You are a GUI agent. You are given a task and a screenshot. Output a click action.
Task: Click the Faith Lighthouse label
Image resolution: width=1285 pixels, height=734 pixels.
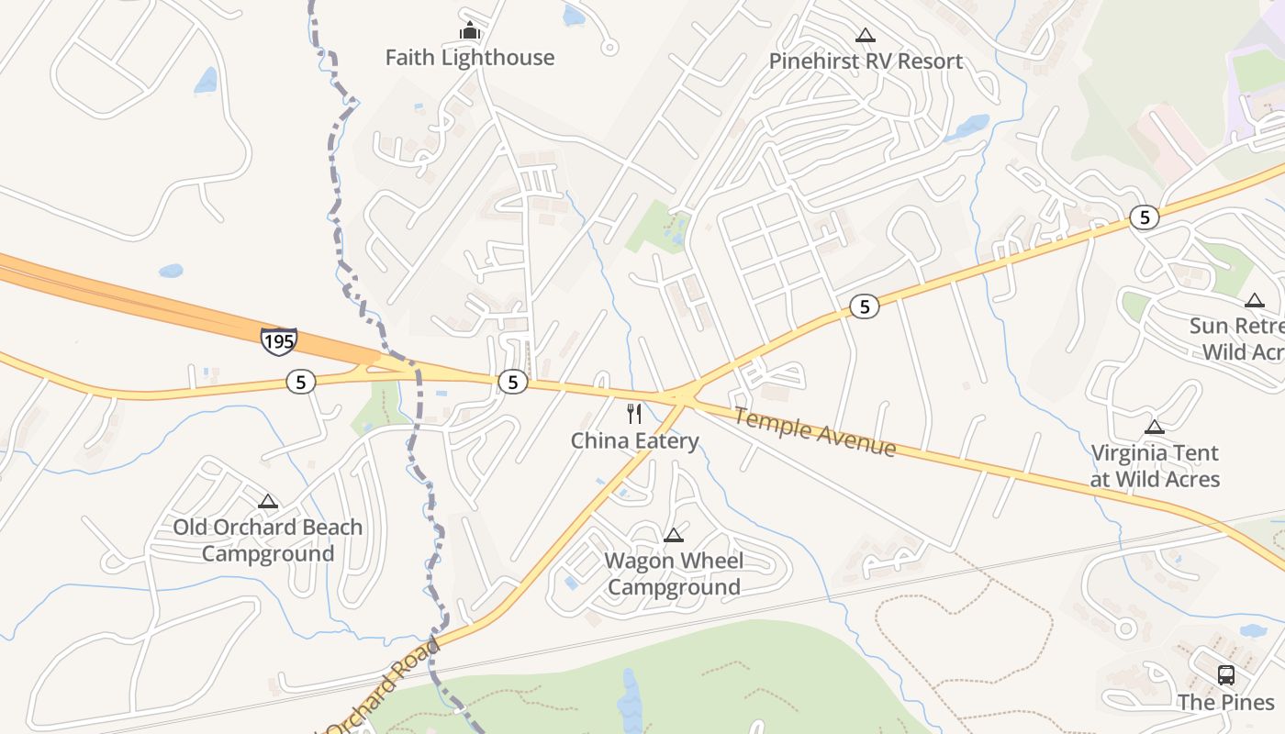pyautogui.click(x=469, y=58)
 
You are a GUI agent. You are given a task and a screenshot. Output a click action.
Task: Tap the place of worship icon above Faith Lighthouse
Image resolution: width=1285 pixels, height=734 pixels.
pyautogui.click(x=470, y=31)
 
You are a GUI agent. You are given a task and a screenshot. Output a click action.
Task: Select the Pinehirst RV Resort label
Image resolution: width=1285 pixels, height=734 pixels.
pyautogui.click(x=866, y=61)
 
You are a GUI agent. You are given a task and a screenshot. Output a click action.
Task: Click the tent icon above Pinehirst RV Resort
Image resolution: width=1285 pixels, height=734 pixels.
pyautogui.click(x=865, y=36)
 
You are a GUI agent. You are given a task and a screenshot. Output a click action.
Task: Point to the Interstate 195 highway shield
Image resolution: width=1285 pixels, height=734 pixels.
pyautogui.click(x=278, y=341)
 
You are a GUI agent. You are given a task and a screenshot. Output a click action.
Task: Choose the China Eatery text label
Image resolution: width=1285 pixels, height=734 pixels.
pyautogui.click(x=634, y=441)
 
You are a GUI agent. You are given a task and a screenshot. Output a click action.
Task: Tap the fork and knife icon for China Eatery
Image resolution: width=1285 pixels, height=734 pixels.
pyautogui.click(x=634, y=414)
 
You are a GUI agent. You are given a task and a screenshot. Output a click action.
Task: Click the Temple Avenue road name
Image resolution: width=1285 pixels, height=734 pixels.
pyautogui.click(x=814, y=432)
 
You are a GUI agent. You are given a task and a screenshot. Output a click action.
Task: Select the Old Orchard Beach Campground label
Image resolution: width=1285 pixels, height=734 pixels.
pyautogui.click(x=267, y=540)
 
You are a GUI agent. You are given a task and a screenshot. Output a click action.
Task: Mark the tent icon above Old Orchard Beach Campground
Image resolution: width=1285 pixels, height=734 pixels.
pyautogui.click(x=268, y=502)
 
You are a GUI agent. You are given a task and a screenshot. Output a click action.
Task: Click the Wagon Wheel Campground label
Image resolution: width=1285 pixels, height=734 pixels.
pyautogui.click(x=674, y=573)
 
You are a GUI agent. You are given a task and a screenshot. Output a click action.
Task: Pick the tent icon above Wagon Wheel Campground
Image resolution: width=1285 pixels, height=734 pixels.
pyautogui.click(x=674, y=536)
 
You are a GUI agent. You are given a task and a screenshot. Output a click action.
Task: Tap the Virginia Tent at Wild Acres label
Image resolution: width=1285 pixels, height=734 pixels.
pyautogui.click(x=1155, y=465)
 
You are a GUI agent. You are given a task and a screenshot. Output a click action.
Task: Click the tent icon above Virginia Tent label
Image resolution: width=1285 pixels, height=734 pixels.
pyautogui.click(x=1155, y=427)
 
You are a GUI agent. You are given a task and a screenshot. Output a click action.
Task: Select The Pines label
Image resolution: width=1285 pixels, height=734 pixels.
pyautogui.click(x=1225, y=703)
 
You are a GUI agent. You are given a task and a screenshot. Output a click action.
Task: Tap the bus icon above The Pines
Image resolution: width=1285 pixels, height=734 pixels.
pyautogui.click(x=1225, y=675)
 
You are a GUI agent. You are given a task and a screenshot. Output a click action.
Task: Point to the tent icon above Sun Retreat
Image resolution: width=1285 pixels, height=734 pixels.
pyautogui.click(x=1255, y=300)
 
